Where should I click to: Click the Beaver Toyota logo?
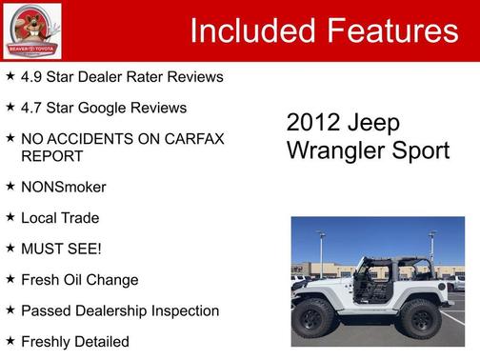click(x=32, y=30)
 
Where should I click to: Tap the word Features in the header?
click(x=392, y=31)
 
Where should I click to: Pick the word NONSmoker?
click(x=63, y=187)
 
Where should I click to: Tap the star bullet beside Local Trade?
click(x=10, y=217)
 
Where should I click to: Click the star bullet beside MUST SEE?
click(x=10, y=249)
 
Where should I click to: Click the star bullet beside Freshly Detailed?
click(x=10, y=341)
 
